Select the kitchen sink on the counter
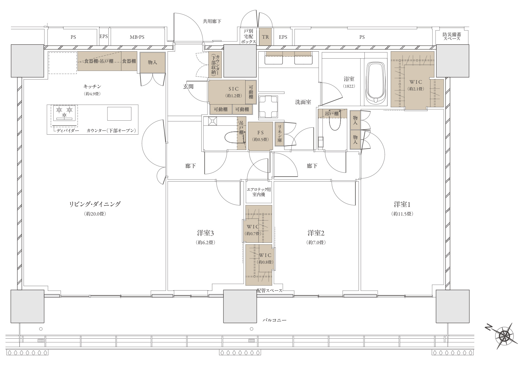pyautogui.click(x=119, y=114)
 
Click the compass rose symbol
pyautogui.click(x=504, y=336)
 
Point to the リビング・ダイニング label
pyautogui.click(x=95, y=204)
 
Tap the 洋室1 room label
pyautogui.click(x=402, y=204)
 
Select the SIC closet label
pyautogui.click(x=234, y=89)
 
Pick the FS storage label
pyautogui.click(x=260, y=133)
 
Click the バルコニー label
pyautogui.click(x=274, y=320)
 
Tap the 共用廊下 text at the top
pyautogui.click(x=212, y=21)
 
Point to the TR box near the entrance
pyautogui.click(x=265, y=37)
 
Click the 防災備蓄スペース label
pyautogui.click(x=452, y=36)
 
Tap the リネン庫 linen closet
pyautogui.click(x=280, y=134)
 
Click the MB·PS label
pyautogui.click(x=137, y=37)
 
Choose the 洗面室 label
pyautogui.click(x=303, y=102)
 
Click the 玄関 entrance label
pyautogui.click(x=188, y=87)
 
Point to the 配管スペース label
pyautogui.click(x=269, y=291)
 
